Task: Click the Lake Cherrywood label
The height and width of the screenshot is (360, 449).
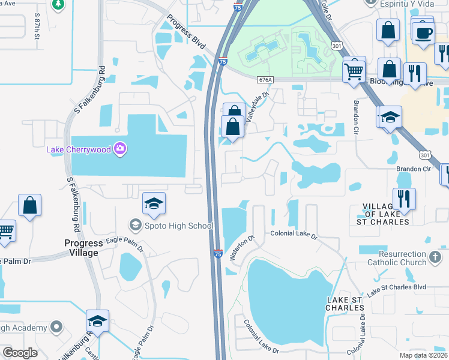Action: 79,149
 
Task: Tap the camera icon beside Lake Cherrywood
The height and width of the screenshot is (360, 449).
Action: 120,148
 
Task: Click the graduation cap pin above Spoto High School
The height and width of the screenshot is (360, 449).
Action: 154,204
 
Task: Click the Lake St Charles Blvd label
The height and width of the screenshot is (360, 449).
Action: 397,290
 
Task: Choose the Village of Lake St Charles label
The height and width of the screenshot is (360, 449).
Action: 387,214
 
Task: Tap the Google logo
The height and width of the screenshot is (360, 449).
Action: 20,352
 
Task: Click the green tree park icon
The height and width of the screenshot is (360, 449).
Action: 58,5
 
